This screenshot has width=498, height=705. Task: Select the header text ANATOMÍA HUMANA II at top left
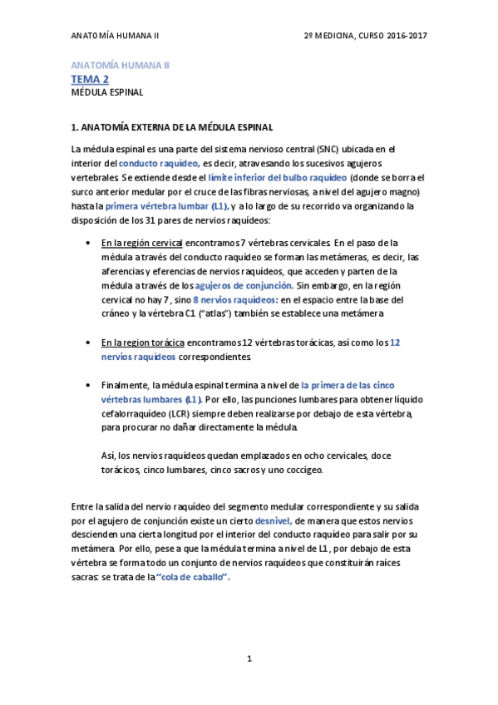[115, 36]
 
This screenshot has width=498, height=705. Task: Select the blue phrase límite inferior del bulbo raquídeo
[278, 178]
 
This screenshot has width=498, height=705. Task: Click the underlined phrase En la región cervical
[141, 243]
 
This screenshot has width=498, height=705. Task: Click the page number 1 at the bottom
[249, 658]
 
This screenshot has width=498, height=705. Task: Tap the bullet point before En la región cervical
[89, 243]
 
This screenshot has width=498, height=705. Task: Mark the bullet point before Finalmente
[89, 385]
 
